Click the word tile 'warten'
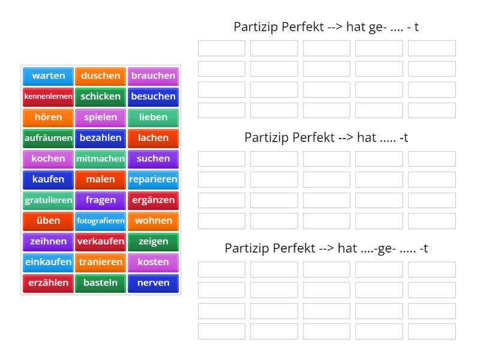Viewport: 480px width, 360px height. (x=49, y=76)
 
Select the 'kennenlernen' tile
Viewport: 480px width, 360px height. (x=49, y=96)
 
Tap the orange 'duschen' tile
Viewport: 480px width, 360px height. (x=101, y=76)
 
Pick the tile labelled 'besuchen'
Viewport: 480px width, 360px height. (x=153, y=96)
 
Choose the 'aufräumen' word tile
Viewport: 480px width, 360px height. (x=49, y=137)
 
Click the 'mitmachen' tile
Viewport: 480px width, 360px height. (x=101, y=158)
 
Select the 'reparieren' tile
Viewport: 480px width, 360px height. (x=153, y=179)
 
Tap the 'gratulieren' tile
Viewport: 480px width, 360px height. (x=49, y=200)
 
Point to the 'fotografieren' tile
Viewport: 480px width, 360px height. (x=101, y=220)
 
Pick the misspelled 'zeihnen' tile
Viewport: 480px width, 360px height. (x=49, y=241)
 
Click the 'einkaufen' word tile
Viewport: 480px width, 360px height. (x=49, y=262)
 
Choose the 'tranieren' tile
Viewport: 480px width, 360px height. (x=101, y=262)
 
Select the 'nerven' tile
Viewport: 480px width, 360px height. (x=153, y=283)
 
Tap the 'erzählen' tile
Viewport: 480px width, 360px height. (x=49, y=283)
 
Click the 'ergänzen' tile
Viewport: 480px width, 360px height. (x=153, y=200)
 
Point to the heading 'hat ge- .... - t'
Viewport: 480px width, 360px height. (x=326, y=26)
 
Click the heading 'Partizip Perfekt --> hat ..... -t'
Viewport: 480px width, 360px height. (x=326, y=137)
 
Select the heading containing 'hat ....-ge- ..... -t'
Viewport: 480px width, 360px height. (x=326, y=248)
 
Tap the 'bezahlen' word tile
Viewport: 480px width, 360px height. (x=101, y=137)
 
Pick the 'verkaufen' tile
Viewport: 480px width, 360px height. (x=101, y=241)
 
